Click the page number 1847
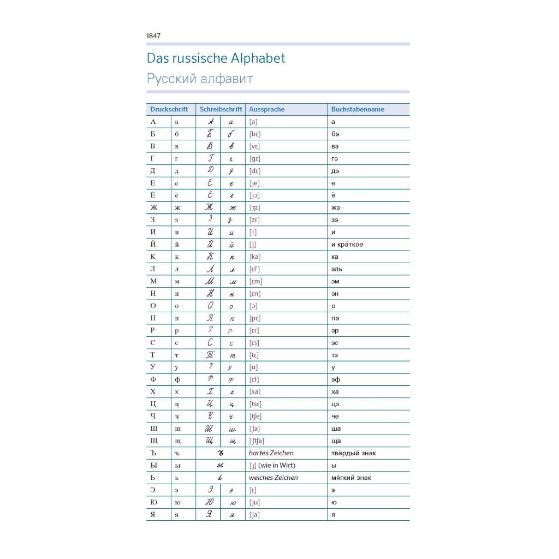(x=153, y=36)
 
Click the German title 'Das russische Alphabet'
(x=216, y=58)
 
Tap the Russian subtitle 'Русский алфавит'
(x=199, y=79)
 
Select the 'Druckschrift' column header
(x=169, y=109)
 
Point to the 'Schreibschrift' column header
(x=221, y=109)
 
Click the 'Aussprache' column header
(x=266, y=109)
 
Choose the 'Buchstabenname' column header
(x=358, y=109)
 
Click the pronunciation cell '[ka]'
(x=254, y=257)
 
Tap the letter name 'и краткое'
(x=347, y=245)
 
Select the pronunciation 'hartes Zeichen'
(x=271, y=453)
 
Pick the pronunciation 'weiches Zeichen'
(x=273, y=478)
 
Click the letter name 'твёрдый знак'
(x=353, y=453)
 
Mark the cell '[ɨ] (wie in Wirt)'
(x=272, y=466)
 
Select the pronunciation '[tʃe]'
(x=255, y=417)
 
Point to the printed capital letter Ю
(x=153, y=502)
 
